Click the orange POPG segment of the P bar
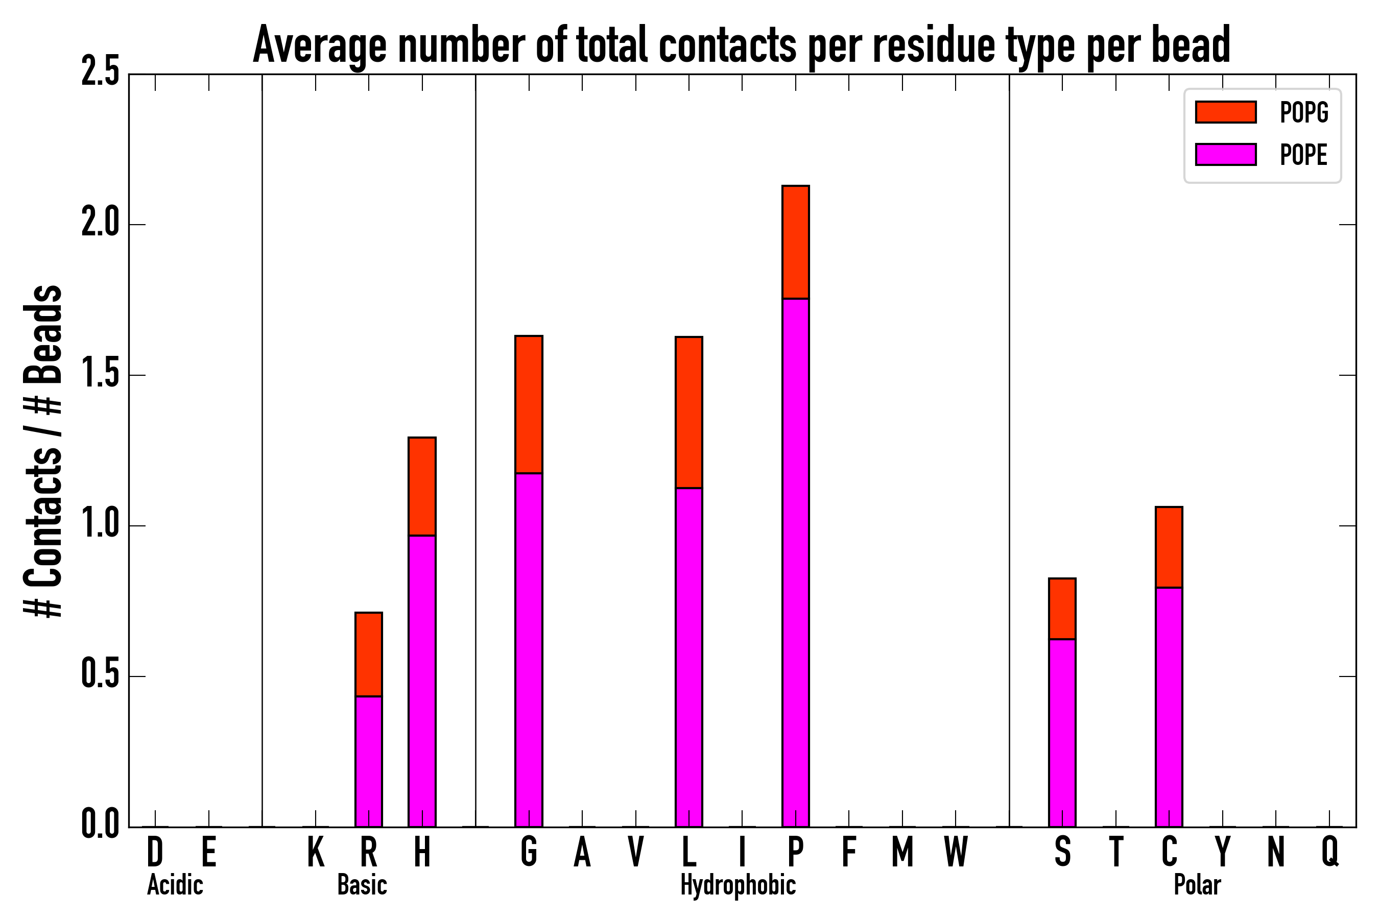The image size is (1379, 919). [796, 242]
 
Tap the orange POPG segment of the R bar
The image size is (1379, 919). [369, 654]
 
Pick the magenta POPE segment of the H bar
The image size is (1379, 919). [422, 681]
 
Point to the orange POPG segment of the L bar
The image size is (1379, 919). [689, 412]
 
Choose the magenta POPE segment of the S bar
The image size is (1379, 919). [1062, 733]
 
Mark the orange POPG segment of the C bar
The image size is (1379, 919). [1169, 547]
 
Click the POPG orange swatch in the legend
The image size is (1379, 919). [1225, 112]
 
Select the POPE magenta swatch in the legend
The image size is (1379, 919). [1225, 155]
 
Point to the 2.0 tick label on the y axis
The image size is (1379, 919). [100, 224]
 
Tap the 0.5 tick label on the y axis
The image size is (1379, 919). [100, 676]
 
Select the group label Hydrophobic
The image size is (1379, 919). [738, 885]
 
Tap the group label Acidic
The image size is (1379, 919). [175, 885]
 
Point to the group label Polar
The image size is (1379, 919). [1197, 885]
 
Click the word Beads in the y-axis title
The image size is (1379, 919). [44, 334]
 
